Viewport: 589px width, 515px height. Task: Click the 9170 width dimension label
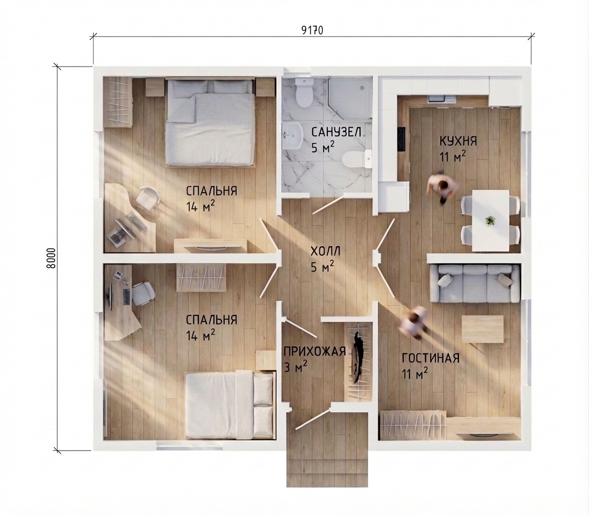[312, 31]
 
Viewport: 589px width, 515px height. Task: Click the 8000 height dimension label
[51, 258]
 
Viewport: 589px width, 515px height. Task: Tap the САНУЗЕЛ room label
[336, 132]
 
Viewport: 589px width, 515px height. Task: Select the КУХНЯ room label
[458, 142]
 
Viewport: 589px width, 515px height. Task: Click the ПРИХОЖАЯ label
[314, 351]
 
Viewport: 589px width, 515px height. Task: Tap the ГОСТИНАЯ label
[431, 358]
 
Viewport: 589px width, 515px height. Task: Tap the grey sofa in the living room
[475, 283]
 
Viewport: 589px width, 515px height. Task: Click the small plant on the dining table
[490, 220]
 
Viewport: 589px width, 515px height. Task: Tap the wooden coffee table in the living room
[482, 329]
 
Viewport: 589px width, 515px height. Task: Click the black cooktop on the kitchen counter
[401, 139]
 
